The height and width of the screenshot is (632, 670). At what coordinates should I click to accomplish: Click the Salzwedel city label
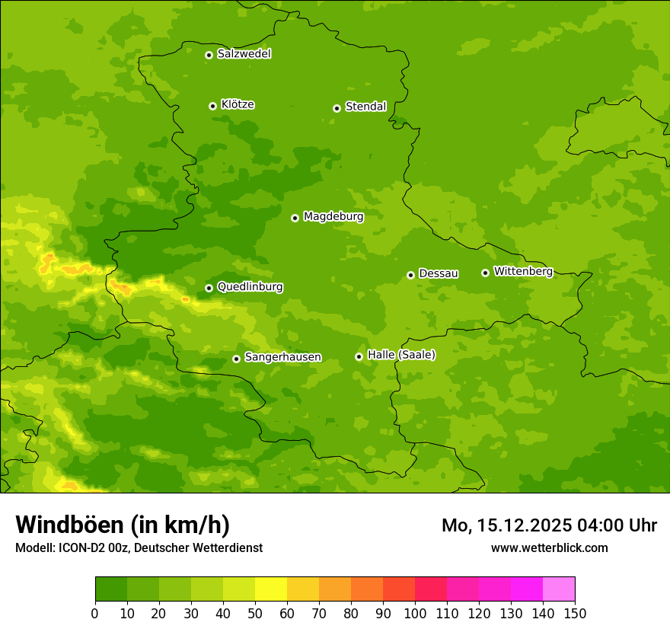(244, 54)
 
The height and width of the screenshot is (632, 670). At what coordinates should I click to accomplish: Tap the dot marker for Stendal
(337, 108)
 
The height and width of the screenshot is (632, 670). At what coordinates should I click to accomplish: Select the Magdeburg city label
(333, 217)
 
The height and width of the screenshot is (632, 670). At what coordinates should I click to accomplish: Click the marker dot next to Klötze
(212, 106)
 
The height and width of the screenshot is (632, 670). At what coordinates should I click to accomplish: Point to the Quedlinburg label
(250, 287)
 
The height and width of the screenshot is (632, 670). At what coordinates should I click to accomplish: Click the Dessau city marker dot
(410, 275)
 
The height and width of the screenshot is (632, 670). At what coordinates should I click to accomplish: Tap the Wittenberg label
(523, 271)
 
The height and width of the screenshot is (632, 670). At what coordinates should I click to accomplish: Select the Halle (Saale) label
(401, 355)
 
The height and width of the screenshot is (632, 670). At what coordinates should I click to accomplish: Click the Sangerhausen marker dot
(236, 359)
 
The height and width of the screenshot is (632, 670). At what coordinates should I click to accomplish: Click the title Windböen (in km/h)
(123, 525)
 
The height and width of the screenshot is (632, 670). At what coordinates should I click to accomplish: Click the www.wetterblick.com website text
(549, 547)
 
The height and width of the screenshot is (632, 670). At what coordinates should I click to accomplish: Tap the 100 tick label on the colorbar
(415, 613)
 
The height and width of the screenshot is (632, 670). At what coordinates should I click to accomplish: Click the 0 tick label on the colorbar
(95, 613)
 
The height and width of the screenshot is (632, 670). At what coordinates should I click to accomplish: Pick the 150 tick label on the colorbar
(575, 613)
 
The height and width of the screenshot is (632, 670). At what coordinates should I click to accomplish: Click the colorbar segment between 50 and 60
(271, 589)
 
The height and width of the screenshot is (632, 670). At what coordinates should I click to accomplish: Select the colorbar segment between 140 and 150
(559, 589)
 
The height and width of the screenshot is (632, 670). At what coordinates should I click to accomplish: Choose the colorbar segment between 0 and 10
(111, 589)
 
